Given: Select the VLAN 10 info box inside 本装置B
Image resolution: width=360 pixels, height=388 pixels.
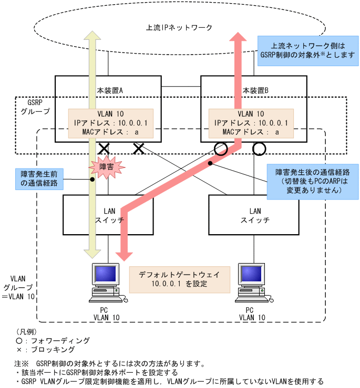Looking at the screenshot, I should click(251, 123).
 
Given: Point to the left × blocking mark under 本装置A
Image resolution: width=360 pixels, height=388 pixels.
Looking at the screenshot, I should click(104, 149).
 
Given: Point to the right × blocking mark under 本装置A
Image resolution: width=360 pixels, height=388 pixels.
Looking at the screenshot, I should click(139, 149).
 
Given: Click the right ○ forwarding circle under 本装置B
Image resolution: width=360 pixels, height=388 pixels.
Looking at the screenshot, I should click(259, 149).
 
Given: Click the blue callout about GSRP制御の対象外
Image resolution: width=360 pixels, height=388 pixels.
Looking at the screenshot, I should click(307, 50).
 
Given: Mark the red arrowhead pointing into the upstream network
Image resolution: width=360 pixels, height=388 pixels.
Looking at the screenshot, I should click(238, 40).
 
